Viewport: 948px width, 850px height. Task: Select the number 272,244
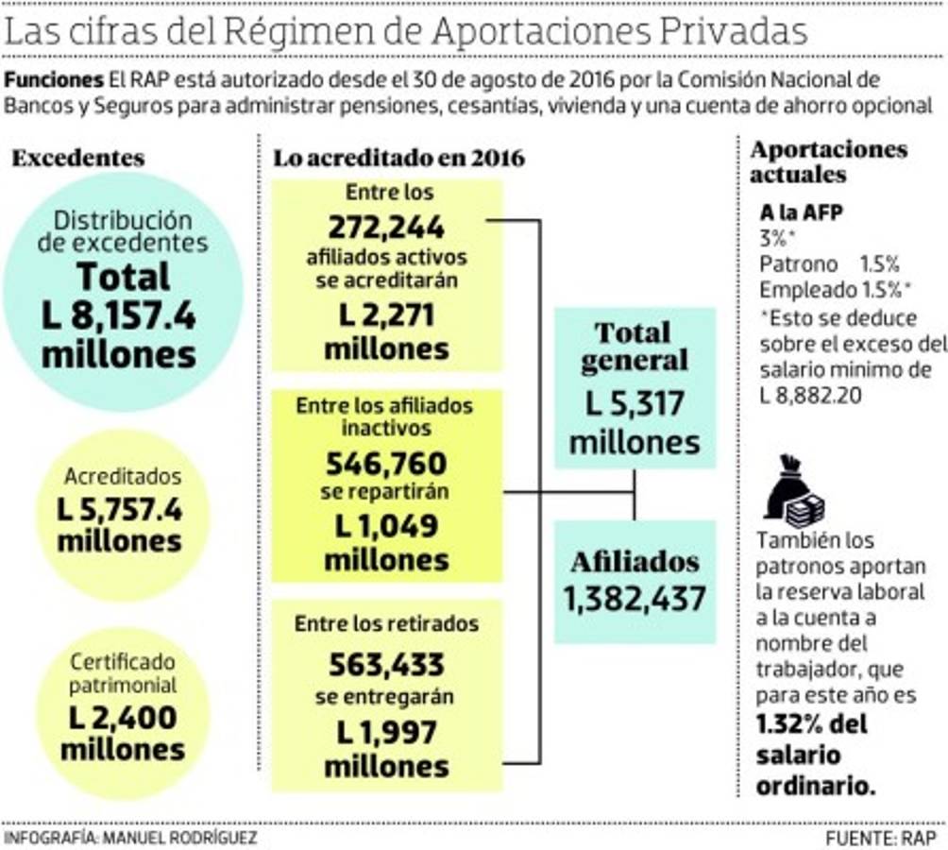click(386, 228)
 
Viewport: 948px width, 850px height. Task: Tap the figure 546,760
click(386, 463)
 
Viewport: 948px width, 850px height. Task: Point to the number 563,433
click(386, 666)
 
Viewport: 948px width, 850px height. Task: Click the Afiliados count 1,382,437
click(634, 598)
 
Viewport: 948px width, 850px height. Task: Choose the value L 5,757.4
click(120, 510)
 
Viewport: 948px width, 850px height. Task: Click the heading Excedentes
click(78, 158)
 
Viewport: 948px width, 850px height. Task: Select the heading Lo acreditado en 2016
click(398, 158)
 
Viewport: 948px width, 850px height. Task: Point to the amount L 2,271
click(386, 315)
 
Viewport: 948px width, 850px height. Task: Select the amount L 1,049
click(386, 526)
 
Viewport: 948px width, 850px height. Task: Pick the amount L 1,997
click(386, 732)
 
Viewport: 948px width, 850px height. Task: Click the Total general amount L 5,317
click(634, 406)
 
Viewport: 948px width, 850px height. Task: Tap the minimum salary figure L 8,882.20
click(810, 395)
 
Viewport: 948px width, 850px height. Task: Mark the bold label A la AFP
click(801, 212)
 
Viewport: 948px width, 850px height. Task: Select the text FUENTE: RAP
click(881, 838)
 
